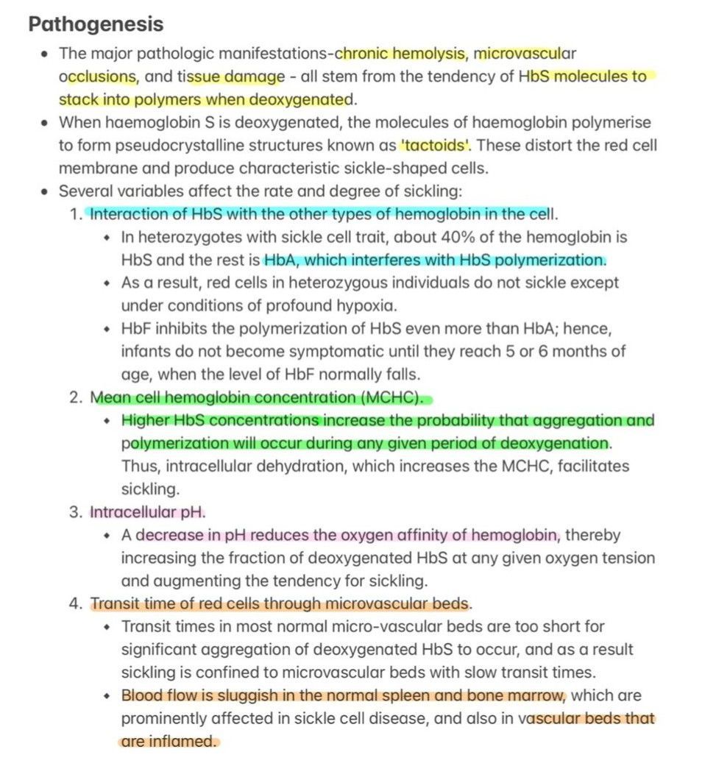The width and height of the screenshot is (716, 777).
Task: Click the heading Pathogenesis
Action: [x=96, y=24]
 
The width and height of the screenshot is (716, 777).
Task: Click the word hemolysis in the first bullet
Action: [x=430, y=53]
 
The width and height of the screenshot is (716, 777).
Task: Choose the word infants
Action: [x=144, y=352]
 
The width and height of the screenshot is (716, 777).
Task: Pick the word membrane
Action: [x=91, y=168]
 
